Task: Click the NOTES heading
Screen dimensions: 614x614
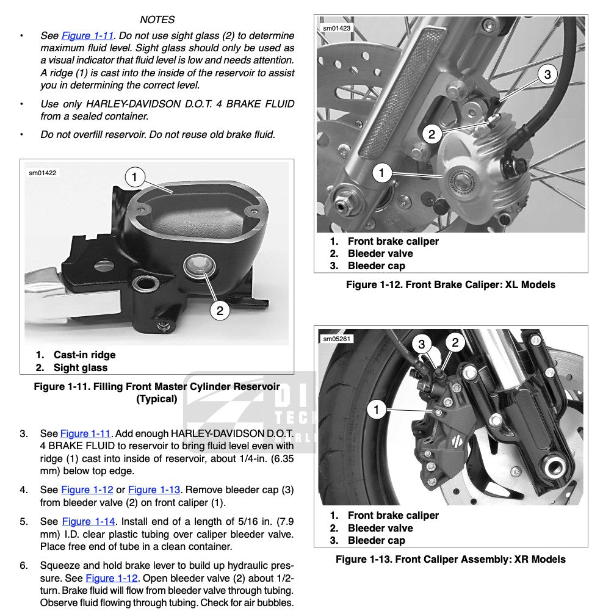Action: click(x=157, y=20)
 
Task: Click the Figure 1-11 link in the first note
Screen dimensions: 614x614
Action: click(x=87, y=35)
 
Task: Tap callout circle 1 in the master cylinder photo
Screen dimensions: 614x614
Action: click(x=134, y=178)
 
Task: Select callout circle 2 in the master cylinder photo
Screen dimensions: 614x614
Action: click(x=220, y=310)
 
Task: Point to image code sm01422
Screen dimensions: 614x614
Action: click(x=43, y=173)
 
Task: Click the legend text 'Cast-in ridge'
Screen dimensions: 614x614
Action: click(x=84, y=355)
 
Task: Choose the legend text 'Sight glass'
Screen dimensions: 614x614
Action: click(x=81, y=367)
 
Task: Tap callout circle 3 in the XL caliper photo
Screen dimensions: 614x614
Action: click(x=547, y=74)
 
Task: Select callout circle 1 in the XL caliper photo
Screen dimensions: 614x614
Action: click(x=382, y=173)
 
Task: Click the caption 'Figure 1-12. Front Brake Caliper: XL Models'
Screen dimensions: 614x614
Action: click(x=450, y=284)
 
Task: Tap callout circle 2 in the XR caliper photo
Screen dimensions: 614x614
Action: click(x=455, y=342)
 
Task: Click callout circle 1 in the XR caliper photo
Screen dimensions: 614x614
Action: click(x=377, y=409)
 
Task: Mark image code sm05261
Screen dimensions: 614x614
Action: click(x=336, y=339)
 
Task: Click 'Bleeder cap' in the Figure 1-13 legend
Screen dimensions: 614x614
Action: click(x=376, y=540)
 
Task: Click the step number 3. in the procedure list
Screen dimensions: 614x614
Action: click(x=24, y=434)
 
